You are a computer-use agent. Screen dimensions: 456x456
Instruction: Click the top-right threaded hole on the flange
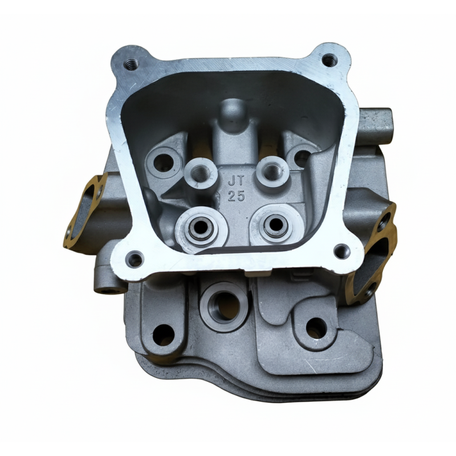329,59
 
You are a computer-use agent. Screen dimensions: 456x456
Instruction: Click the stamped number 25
235,197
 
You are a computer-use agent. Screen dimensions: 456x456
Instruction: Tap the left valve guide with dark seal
201,229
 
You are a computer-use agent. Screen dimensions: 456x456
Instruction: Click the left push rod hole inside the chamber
163,162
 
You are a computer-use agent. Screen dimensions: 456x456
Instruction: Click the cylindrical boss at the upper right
377,125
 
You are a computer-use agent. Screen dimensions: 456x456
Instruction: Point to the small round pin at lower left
106,288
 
